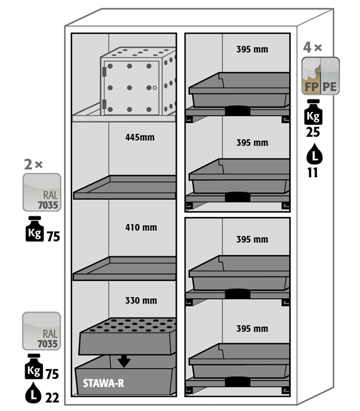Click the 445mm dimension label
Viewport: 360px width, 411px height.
pyautogui.click(x=140, y=137)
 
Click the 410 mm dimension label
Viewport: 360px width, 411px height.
pyautogui.click(x=141, y=227)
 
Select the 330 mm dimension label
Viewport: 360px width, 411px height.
pyautogui.click(x=141, y=301)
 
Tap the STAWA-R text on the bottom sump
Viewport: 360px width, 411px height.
pyautogui.click(x=103, y=384)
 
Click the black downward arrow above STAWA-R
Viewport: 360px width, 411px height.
pyautogui.click(x=124, y=361)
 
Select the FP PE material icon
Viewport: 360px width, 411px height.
pyautogui.click(x=321, y=76)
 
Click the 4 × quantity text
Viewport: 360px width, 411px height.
pyautogui.click(x=313, y=48)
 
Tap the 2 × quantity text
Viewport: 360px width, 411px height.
pyautogui.click(x=33, y=164)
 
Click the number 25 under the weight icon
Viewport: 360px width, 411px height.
pyautogui.click(x=312, y=132)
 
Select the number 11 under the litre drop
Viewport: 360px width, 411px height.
pyautogui.click(x=312, y=172)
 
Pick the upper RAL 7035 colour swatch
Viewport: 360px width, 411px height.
pyautogui.click(x=41, y=192)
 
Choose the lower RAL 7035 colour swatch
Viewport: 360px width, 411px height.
pyautogui.click(x=41, y=331)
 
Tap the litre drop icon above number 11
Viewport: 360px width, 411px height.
pyautogui.click(x=312, y=155)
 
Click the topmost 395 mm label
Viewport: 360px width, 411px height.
pyautogui.click(x=252, y=49)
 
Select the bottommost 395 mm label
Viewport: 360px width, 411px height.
pyautogui.click(x=252, y=329)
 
